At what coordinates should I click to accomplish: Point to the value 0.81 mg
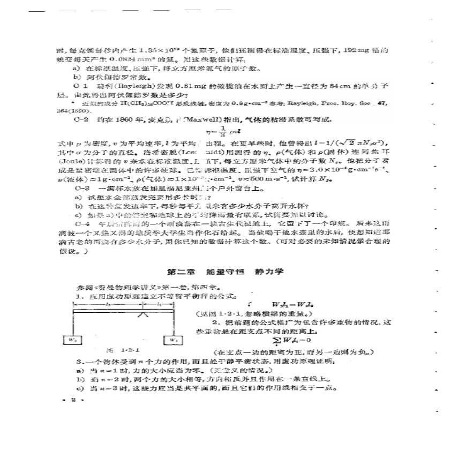[183, 85]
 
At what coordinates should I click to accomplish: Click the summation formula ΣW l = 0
[292, 341]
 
